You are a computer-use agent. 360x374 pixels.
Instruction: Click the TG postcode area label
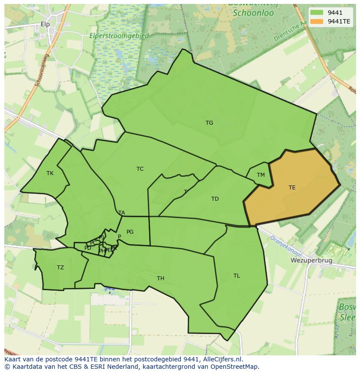click(x=209, y=123)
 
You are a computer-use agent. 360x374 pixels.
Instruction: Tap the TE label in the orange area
click(x=292, y=188)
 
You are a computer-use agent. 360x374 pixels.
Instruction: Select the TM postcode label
click(x=260, y=175)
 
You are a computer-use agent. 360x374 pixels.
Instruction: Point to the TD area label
click(x=215, y=199)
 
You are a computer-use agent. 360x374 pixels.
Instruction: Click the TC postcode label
click(x=140, y=169)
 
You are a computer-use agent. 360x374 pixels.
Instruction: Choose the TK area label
click(x=50, y=173)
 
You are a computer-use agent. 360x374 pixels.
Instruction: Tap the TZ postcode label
click(x=60, y=268)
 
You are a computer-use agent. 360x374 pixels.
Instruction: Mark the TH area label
click(x=160, y=278)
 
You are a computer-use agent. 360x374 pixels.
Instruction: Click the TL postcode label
click(x=237, y=276)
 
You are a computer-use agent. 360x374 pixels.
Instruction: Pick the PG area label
click(x=130, y=232)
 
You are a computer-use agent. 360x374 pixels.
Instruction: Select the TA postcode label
click(x=122, y=213)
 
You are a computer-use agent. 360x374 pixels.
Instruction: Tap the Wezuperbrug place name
click(x=311, y=261)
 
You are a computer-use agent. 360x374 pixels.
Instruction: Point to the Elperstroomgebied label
click(x=119, y=36)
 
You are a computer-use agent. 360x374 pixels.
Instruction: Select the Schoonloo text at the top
click(x=253, y=13)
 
